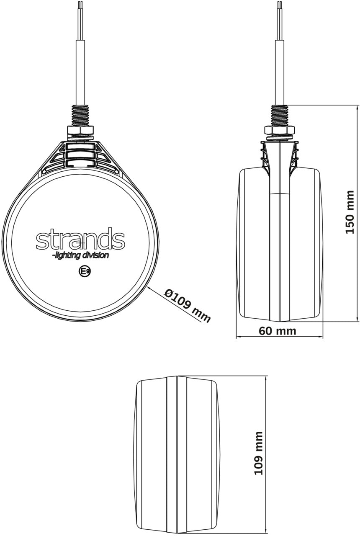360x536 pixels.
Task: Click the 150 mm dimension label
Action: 350,212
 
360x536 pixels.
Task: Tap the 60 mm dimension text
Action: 277,331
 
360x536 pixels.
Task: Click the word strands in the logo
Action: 80,239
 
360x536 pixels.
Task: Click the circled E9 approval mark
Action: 84,271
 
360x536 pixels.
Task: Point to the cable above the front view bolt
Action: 80,71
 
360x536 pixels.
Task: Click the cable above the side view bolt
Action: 279,71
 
